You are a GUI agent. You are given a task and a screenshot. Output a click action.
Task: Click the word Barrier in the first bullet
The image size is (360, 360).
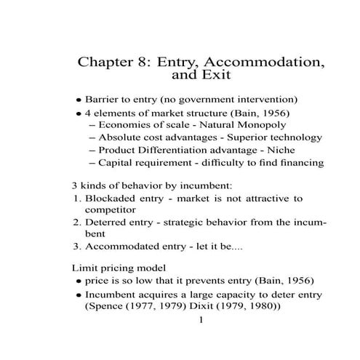tap(103, 99)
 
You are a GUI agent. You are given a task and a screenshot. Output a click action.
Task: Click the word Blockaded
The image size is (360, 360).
tap(111, 198)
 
